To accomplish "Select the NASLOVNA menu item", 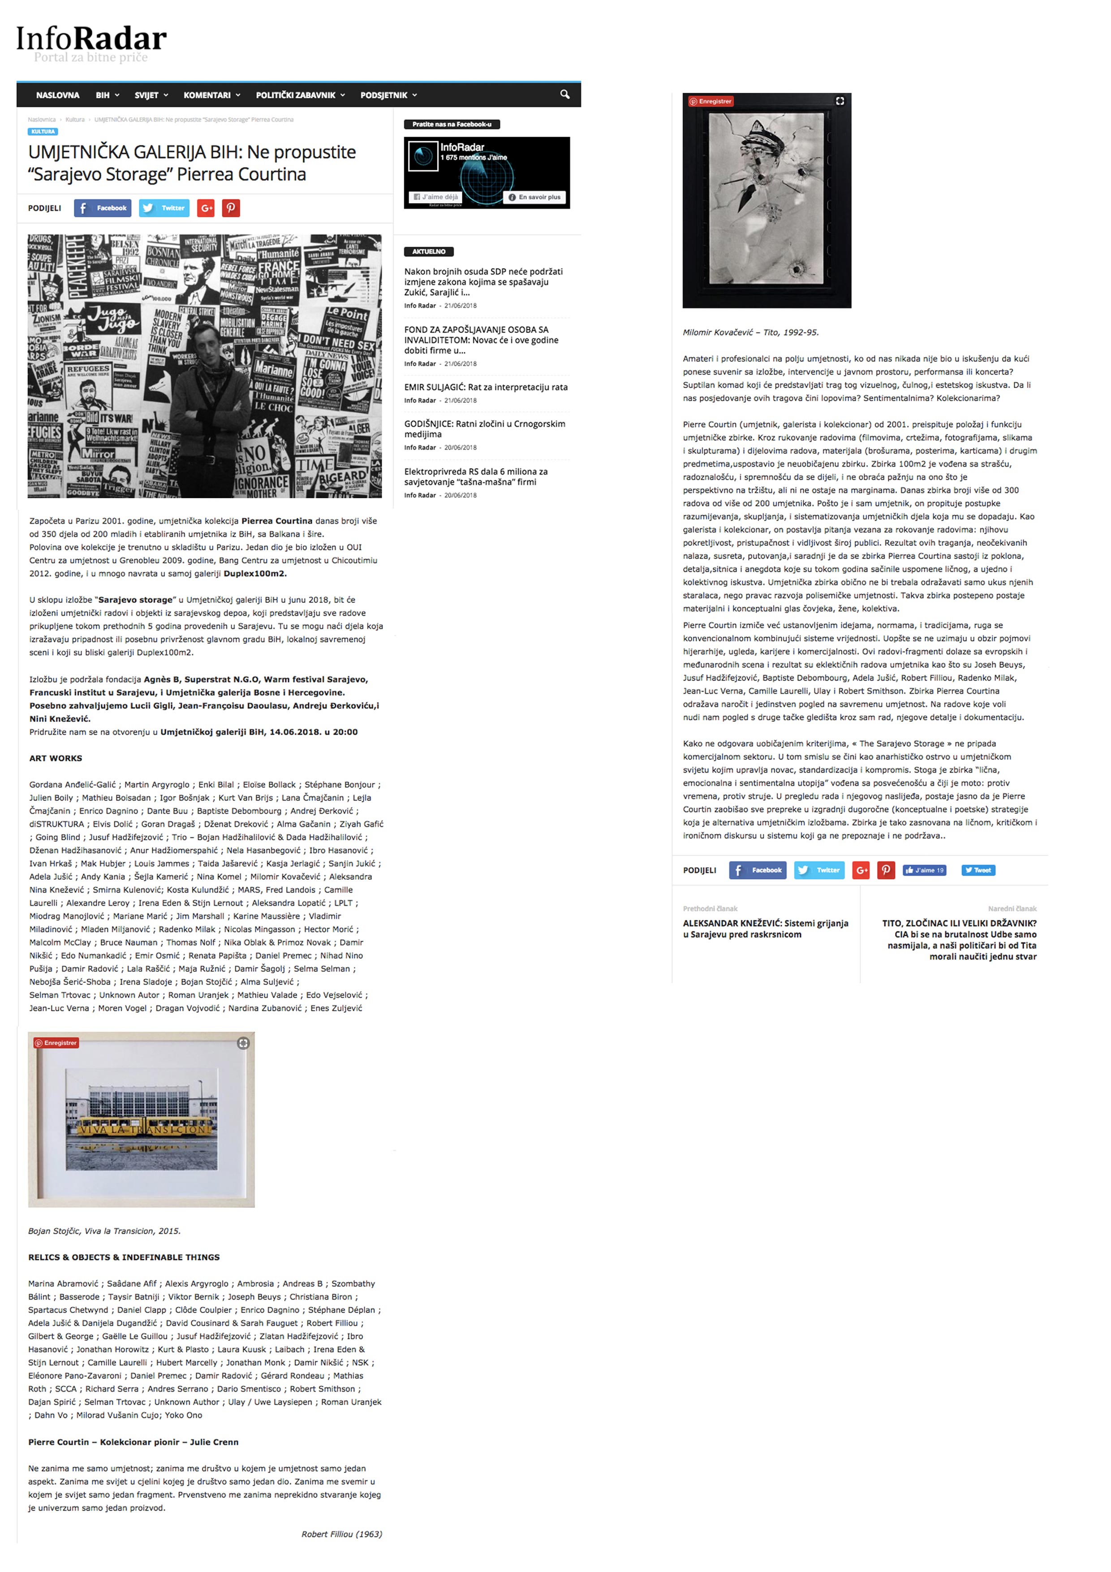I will tap(57, 95).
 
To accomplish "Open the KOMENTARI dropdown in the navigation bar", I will tap(211, 95).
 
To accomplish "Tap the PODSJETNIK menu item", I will tap(388, 95).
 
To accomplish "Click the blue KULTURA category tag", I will tap(43, 131).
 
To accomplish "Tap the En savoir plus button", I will tap(534, 197).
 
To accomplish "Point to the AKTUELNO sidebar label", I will tap(429, 251).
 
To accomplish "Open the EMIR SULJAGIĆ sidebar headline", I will tap(485, 387).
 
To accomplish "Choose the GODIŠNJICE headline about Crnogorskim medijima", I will tap(484, 428).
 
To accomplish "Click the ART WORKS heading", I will tap(56, 758).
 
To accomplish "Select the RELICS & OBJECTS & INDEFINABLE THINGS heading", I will tap(124, 1257).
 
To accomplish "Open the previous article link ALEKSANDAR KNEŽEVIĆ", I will tap(765, 929).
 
